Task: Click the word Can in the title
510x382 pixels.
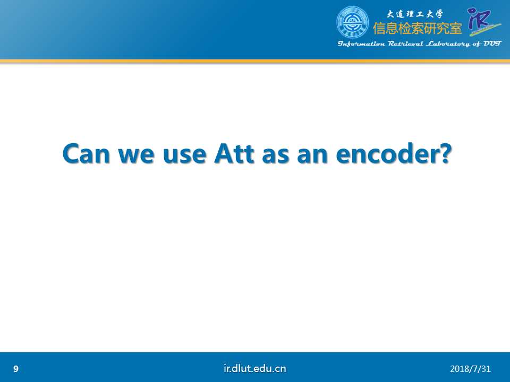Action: tap(86, 154)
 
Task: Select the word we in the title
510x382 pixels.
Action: tap(137, 156)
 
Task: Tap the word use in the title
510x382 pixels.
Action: tap(184, 156)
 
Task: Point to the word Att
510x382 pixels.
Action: tap(234, 154)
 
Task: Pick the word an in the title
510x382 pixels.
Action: tap(312, 156)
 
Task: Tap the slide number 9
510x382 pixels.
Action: tap(16, 369)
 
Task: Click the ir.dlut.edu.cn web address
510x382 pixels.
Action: tap(255, 368)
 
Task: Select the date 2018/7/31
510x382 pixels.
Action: tap(470, 369)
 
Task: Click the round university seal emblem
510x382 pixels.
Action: tap(353, 22)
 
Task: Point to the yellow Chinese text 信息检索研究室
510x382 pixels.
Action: tap(418, 29)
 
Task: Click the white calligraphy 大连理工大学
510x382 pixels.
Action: tap(414, 14)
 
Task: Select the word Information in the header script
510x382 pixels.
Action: tap(361, 44)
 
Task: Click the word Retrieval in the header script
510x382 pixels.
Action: tap(405, 44)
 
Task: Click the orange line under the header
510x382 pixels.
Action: tap(255, 61)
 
